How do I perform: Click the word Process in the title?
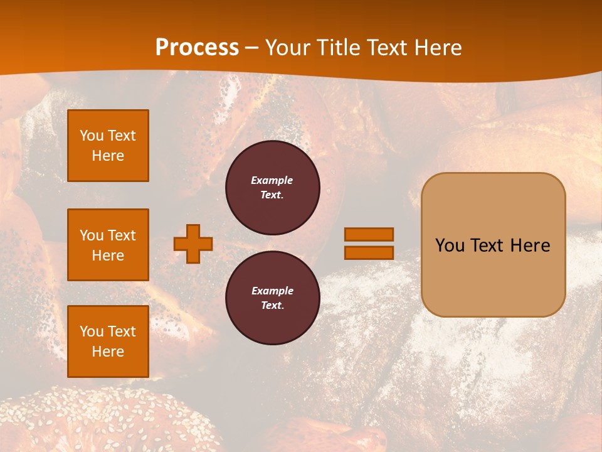(197, 48)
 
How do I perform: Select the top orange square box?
(108, 146)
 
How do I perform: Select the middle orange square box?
(108, 245)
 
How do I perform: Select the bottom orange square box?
(108, 341)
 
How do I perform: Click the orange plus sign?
(193, 244)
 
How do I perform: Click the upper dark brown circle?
(272, 188)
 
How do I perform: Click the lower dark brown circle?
(272, 298)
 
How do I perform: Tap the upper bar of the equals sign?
(369, 234)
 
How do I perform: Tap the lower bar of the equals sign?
(369, 252)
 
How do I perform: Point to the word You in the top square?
(92, 136)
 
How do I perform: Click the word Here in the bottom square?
(108, 352)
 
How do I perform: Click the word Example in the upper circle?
(272, 180)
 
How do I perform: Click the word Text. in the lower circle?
(272, 305)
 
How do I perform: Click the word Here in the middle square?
(108, 256)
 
